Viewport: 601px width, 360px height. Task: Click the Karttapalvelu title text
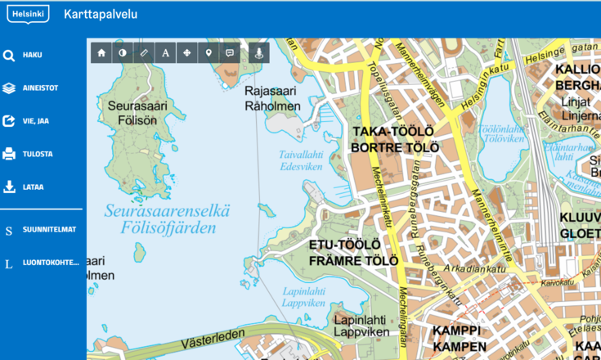(100, 14)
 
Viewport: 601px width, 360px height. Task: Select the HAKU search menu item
(32, 55)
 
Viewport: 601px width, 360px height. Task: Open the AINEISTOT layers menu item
(39, 88)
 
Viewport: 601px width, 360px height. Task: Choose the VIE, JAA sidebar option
(35, 121)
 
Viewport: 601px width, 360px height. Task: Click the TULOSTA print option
(38, 154)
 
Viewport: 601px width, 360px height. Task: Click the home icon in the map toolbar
(101, 52)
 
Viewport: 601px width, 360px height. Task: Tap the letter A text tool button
(165, 52)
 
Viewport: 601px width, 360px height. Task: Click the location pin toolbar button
(209, 52)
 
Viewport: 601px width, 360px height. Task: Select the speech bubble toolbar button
(230, 52)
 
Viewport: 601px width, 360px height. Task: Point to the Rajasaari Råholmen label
(273, 99)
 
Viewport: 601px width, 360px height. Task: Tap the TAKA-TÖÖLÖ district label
(395, 139)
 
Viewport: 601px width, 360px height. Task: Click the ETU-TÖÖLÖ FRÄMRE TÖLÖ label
(352, 253)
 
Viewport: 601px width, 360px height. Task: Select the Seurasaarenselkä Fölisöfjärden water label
(167, 219)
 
